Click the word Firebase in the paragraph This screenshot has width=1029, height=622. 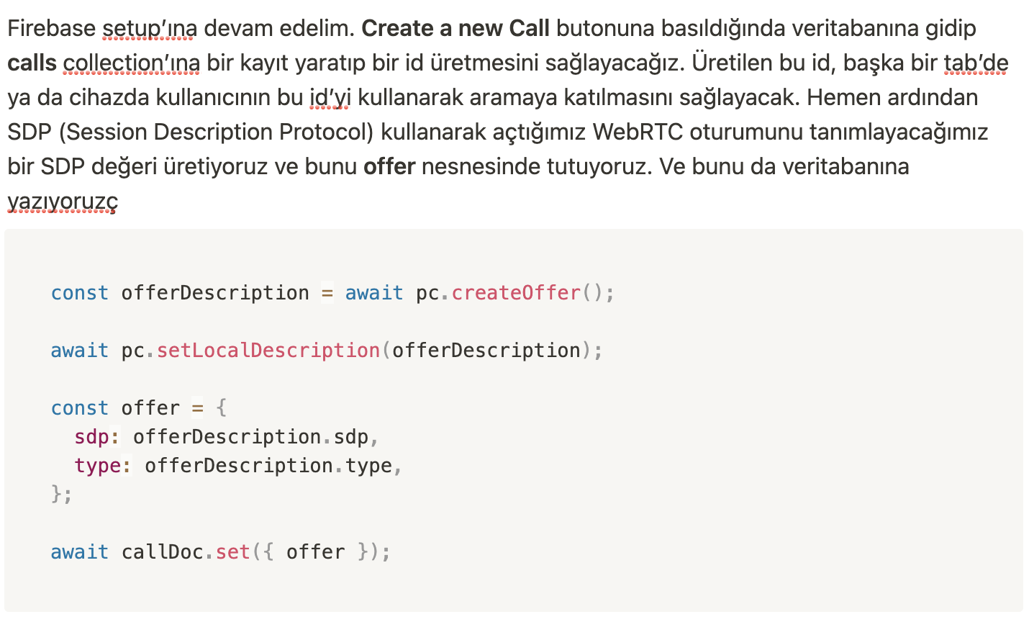[x=51, y=29]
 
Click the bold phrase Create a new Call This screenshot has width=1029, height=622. [x=455, y=29]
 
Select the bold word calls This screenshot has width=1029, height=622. [x=32, y=63]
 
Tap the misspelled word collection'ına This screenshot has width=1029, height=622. [x=132, y=63]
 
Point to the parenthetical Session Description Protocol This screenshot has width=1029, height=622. [x=214, y=132]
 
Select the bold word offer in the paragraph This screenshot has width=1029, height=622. [x=389, y=167]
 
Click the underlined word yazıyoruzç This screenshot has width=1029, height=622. [x=62, y=202]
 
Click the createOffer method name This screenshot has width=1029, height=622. [x=516, y=293]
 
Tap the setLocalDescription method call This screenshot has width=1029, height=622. [x=268, y=351]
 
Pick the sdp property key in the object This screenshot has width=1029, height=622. [x=91, y=437]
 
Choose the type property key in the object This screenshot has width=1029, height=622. [x=97, y=466]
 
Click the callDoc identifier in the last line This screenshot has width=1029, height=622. [x=163, y=552]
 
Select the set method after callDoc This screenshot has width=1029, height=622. [x=233, y=552]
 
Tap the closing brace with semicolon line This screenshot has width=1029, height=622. [x=61, y=495]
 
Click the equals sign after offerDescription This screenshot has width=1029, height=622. [x=327, y=293]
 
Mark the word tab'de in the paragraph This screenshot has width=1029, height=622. [x=976, y=63]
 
